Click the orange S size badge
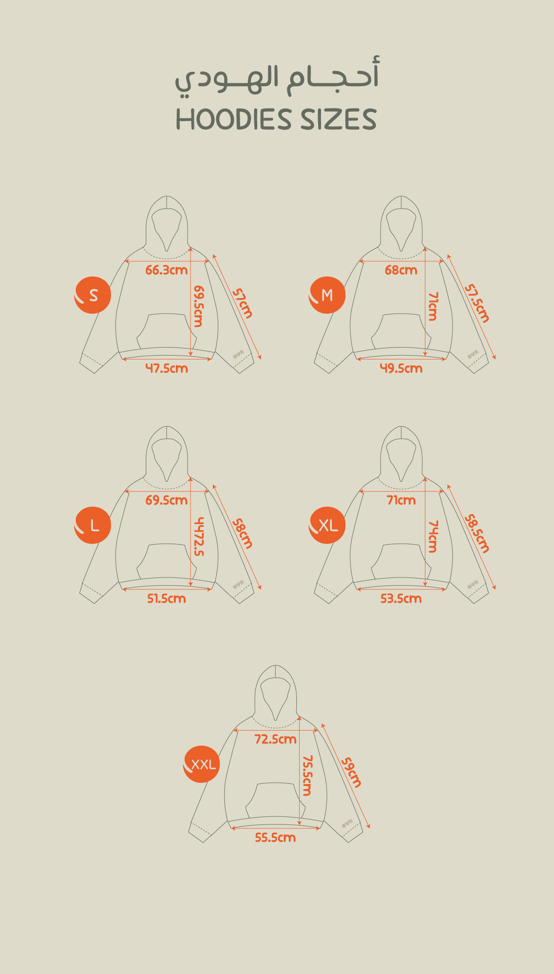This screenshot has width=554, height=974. pyautogui.click(x=93, y=295)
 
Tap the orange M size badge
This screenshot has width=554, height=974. pyautogui.click(x=327, y=295)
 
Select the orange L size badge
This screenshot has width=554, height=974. pyautogui.click(x=93, y=525)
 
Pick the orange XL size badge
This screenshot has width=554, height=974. pyautogui.click(x=327, y=525)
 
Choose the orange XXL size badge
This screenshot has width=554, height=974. pyautogui.click(x=202, y=764)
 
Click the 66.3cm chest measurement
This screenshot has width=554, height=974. pyautogui.click(x=167, y=270)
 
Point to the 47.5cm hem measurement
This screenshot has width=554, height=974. pyautogui.click(x=167, y=368)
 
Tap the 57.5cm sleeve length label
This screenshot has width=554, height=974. pyautogui.click(x=477, y=303)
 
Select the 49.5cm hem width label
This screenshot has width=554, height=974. pyautogui.click(x=401, y=368)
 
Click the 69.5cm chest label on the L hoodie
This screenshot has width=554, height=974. pyautogui.click(x=167, y=500)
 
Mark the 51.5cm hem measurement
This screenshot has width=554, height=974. pyautogui.click(x=167, y=598)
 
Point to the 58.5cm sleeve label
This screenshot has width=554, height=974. pyautogui.click(x=477, y=533)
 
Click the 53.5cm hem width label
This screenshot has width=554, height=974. pyautogui.click(x=401, y=598)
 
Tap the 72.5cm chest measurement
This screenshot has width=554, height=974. pyautogui.click(x=275, y=739)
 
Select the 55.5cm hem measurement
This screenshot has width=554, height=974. pyautogui.click(x=275, y=837)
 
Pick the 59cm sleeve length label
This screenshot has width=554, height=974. pyautogui.click(x=352, y=772)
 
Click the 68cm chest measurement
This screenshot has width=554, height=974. pyautogui.click(x=401, y=270)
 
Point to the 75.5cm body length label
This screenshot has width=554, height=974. pyautogui.click(x=307, y=775)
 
